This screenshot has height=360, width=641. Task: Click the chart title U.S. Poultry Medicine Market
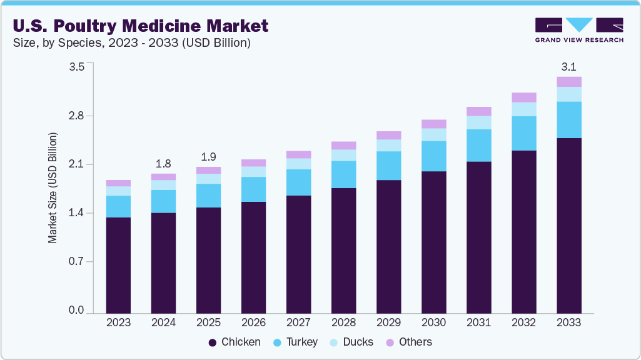(140, 26)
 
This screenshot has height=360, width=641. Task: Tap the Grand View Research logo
(578, 30)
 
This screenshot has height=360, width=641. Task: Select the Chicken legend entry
(235, 342)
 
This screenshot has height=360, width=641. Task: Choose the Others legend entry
(408, 342)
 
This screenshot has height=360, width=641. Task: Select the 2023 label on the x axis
(118, 323)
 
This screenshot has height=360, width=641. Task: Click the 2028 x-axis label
(343, 323)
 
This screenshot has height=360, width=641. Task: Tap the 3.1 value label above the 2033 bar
(568, 66)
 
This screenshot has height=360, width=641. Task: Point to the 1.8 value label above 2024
(163, 164)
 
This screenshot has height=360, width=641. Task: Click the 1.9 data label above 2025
(208, 157)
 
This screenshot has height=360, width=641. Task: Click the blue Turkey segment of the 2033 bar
(568, 119)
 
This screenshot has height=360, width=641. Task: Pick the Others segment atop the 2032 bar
(523, 97)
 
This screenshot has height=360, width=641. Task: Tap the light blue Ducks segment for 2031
(478, 122)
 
